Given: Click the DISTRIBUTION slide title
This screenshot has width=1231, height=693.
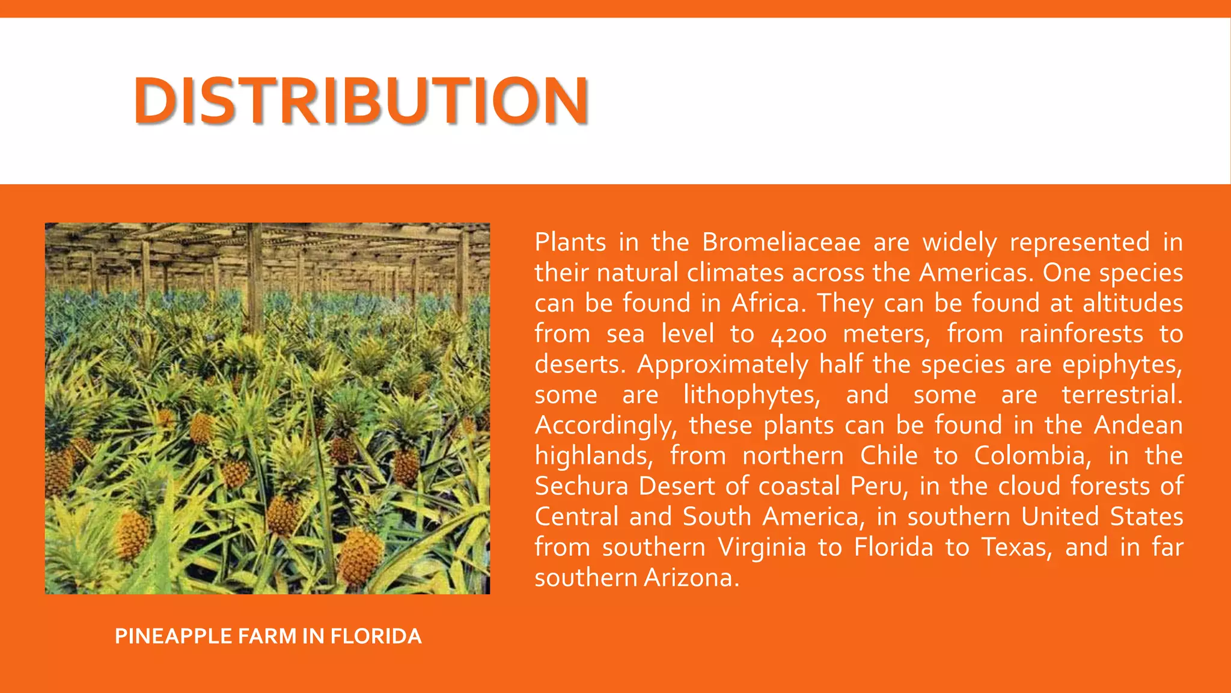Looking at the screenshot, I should pyautogui.click(x=361, y=100).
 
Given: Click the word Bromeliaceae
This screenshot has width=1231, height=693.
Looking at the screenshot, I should pyautogui.click(x=781, y=242).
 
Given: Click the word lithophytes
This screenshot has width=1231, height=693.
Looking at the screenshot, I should pyautogui.click(x=751, y=395).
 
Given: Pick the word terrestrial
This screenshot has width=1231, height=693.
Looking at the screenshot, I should pyautogui.click(x=1122, y=395).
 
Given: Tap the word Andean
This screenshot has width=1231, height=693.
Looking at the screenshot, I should pyautogui.click(x=1138, y=425).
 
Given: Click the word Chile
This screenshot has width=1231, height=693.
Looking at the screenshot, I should pyautogui.click(x=889, y=456).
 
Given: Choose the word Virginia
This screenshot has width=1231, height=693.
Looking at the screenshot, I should pyautogui.click(x=762, y=547).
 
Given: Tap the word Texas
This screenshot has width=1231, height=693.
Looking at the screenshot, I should pyautogui.click(x=1016, y=547).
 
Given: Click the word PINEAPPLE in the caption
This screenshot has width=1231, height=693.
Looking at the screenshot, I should pyautogui.click(x=173, y=636).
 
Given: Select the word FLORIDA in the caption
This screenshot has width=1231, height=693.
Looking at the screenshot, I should pyautogui.click(x=376, y=636).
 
